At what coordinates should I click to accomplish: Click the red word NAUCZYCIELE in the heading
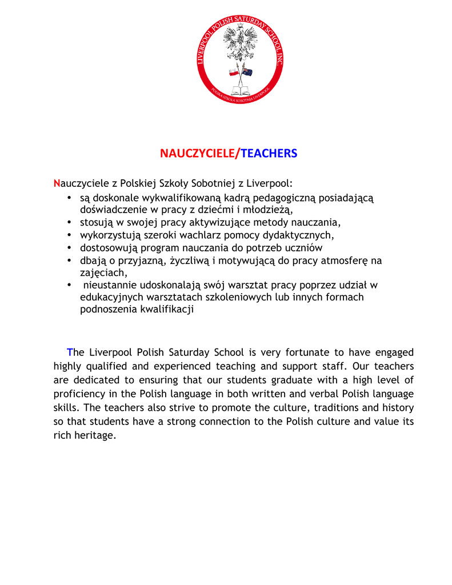coord(198,154)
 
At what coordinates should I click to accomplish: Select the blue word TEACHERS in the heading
coord(269,154)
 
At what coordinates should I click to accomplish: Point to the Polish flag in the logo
coord(234,73)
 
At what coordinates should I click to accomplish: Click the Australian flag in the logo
coord(247,72)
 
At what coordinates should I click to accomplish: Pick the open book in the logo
coord(240,90)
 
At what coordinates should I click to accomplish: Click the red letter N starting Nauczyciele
coord(57,183)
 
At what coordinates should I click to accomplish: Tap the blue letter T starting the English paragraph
coord(70,352)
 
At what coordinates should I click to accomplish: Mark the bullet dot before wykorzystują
coord(69,235)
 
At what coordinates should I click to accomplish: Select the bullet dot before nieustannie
coord(69,285)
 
